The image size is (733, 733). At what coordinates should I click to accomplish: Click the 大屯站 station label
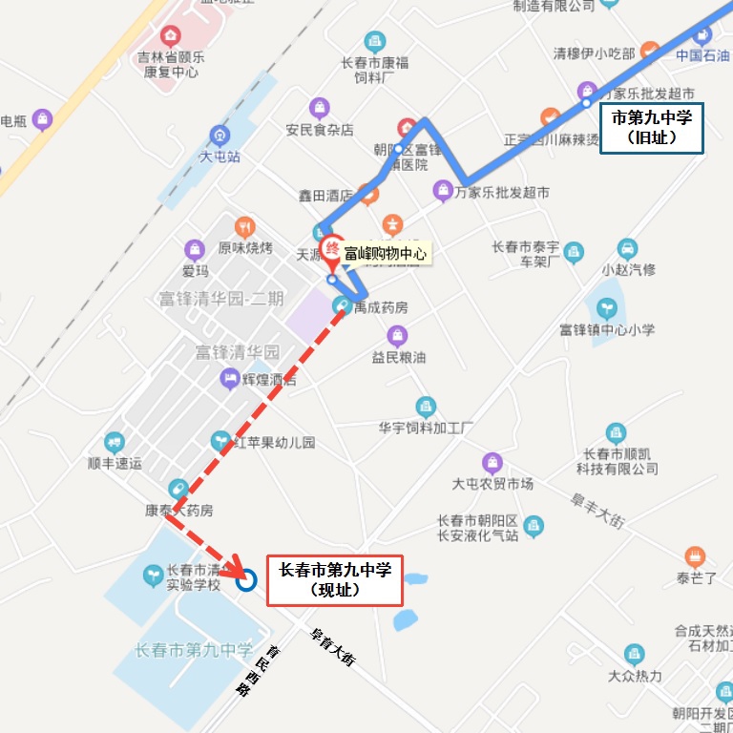click(220, 156)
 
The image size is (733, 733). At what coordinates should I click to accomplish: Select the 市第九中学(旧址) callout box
click(651, 128)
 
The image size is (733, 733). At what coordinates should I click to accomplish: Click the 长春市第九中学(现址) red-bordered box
click(334, 579)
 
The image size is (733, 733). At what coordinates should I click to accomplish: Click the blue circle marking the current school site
click(245, 579)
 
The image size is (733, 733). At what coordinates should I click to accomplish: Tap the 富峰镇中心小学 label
click(607, 330)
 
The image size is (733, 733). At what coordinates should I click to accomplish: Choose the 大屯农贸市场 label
click(492, 484)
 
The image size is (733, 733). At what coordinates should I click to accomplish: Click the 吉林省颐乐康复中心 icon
click(171, 37)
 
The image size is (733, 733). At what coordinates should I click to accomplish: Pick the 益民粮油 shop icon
click(397, 336)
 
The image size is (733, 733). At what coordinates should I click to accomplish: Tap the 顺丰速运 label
click(115, 464)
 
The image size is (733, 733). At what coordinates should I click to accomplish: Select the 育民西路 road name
click(252, 672)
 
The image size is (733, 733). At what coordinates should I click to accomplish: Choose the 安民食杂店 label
click(320, 130)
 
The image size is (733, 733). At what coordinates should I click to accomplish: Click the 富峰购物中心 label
click(386, 253)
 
